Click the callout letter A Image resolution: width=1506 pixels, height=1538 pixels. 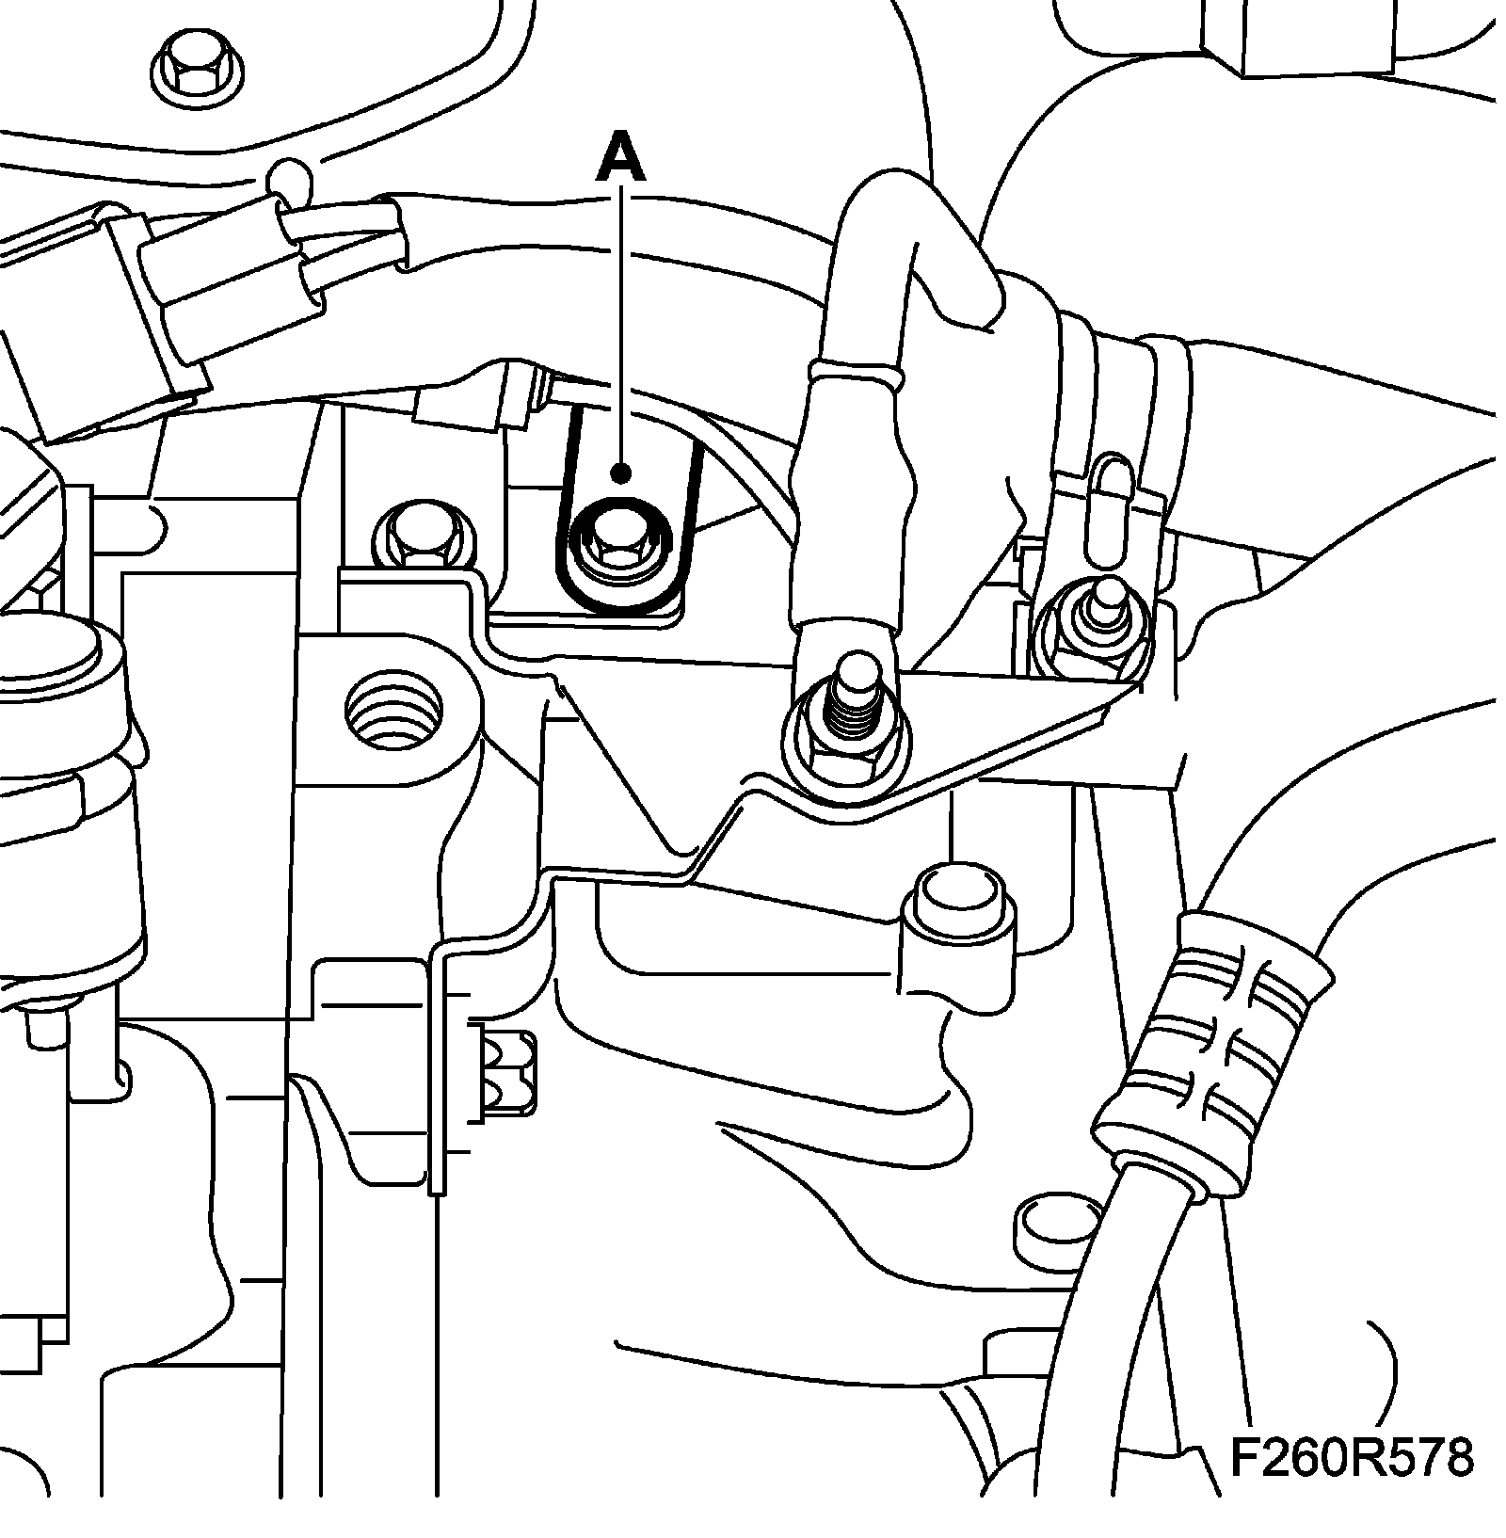pos(620,158)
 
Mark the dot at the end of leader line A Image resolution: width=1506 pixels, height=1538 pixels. pos(619,472)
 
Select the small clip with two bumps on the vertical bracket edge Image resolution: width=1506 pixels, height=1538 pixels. pos(508,1076)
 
